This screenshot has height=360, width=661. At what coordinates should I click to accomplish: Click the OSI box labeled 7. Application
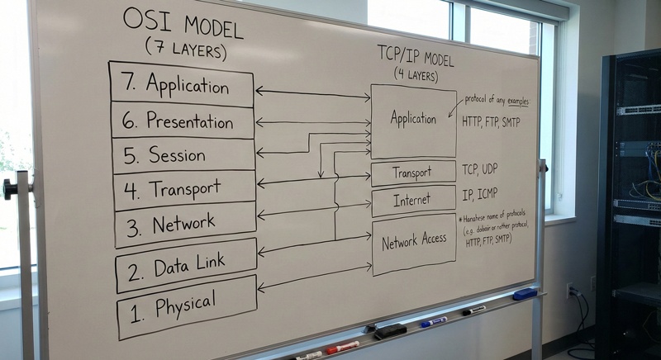[x=181, y=84]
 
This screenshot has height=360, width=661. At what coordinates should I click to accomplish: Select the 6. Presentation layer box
[x=183, y=121]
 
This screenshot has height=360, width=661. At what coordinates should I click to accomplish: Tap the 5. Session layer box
[x=183, y=154]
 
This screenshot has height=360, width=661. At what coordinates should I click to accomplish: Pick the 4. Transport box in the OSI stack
[x=184, y=189]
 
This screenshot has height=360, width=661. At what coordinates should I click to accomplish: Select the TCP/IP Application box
[x=413, y=120]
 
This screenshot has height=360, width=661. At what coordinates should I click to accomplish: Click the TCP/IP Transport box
[x=413, y=172]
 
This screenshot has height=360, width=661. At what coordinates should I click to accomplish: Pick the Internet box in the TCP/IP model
[x=413, y=200]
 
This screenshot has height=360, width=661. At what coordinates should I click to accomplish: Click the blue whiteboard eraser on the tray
[x=524, y=294]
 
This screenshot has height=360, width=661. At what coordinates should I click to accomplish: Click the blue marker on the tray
[x=433, y=321]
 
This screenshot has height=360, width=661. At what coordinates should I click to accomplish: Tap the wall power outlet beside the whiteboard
[x=570, y=291]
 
